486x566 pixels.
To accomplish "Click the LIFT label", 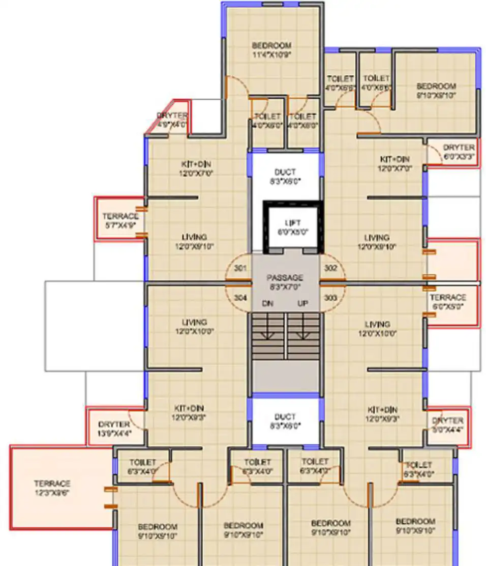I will [292, 223].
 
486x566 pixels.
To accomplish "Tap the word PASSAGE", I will [285, 278].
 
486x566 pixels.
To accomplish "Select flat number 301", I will [241, 268].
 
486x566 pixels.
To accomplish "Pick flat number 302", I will [330, 268].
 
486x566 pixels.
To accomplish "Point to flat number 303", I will [330, 297].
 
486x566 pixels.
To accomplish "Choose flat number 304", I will [241, 297].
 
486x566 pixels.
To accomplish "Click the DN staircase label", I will [268, 304].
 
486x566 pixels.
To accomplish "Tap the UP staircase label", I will [303, 304].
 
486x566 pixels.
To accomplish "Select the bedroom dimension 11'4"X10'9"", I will [272, 55].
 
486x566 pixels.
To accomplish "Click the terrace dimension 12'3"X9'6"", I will [52, 493].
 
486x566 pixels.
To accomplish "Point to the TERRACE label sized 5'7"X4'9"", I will [120, 216].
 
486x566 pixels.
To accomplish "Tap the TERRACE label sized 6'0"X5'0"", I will [448, 297].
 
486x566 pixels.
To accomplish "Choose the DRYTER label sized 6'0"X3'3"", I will [459, 148].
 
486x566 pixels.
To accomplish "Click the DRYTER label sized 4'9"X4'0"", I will [172, 116].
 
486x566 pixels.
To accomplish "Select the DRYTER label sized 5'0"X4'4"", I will [448, 420].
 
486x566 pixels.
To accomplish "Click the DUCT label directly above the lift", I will [285, 172].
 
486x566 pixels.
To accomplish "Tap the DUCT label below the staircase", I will [285, 416].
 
